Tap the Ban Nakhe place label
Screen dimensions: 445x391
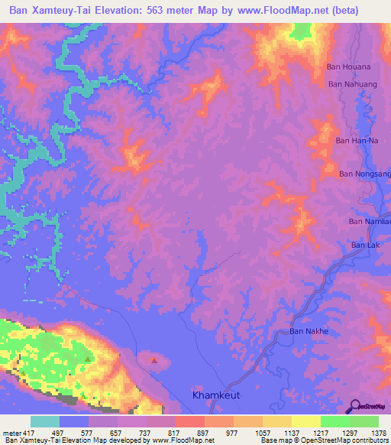(308, 331)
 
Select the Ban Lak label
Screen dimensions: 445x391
(364, 245)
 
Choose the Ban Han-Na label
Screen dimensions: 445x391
(357, 141)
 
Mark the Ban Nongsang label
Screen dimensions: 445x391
(365, 174)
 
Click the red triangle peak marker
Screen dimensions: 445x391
(154, 359)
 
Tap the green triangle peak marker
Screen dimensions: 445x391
(89, 359)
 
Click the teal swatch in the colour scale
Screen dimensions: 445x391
(45, 421)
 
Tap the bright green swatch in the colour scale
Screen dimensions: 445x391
(335, 421)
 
